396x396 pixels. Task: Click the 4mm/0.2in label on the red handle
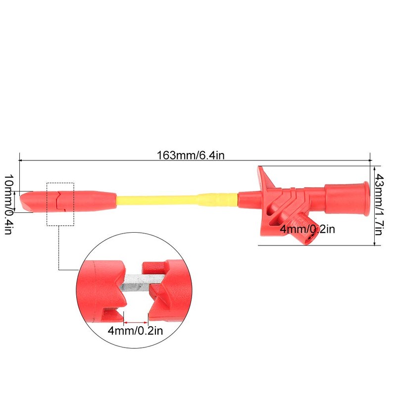tap(307, 229)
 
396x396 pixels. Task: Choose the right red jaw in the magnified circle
tap(166, 292)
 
